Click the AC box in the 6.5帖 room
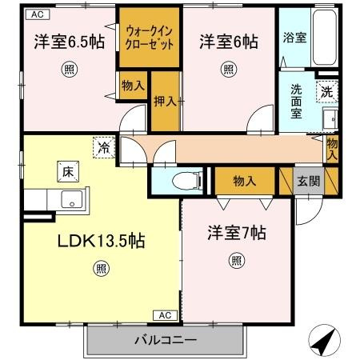coord(38,14)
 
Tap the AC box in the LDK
coord(165,315)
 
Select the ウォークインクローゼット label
coord(150,38)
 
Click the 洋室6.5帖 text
coord(70,42)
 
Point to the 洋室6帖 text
coord(229,42)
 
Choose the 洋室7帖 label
coord(237,233)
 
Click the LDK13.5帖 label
coord(102,241)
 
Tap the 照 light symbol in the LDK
coord(102,269)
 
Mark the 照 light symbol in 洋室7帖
coord(237,261)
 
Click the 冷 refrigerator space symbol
coord(104,147)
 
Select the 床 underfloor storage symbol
coord(68,172)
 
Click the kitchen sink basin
coord(72,199)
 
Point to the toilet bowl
coord(186,181)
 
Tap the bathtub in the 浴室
coord(325,38)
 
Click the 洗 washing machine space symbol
coord(327,92)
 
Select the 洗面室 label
coord(296,102)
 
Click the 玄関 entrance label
coord(309,182)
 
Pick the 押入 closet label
coord(165,102)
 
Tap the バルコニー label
coord(166,340)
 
